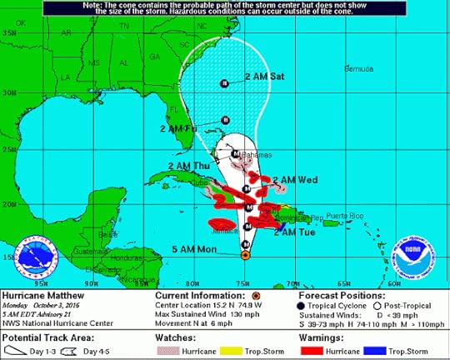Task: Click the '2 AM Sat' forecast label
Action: click(264, 77)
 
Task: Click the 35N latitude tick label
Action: click(9, 32)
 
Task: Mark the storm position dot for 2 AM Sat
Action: click(224, 82)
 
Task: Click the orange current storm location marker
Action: click(244, 255)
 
